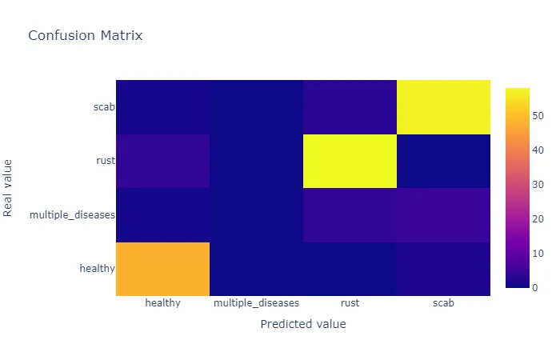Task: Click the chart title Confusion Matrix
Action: click(86, 36)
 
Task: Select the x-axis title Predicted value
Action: click(303, 325)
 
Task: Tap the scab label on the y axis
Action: click(103, 107)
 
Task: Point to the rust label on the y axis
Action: click(105, 161)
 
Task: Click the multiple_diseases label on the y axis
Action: click(72, 215)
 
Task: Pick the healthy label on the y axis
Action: click(97, 269)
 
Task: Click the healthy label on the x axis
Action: click(162, 304)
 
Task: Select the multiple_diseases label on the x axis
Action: click(256, 304)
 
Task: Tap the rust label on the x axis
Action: click(350, 304)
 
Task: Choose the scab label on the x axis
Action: click(443, 304)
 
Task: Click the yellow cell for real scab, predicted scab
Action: click(443, 107)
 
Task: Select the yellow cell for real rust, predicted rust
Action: click(350, 161)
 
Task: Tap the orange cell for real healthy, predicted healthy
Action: click(162, 269)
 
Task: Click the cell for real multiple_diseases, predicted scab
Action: click(443, 215)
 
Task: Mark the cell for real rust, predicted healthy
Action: click(162, 161)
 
